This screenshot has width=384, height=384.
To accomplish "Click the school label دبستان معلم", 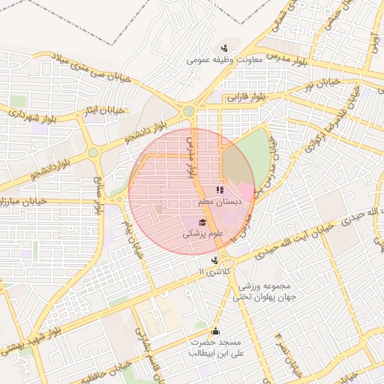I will pos(219,202).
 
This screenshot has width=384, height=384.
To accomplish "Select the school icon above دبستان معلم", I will pos(220,190).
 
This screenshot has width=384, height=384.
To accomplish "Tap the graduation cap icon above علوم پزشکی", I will pos(202,222).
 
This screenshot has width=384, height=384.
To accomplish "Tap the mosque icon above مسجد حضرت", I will pos(216,331).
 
